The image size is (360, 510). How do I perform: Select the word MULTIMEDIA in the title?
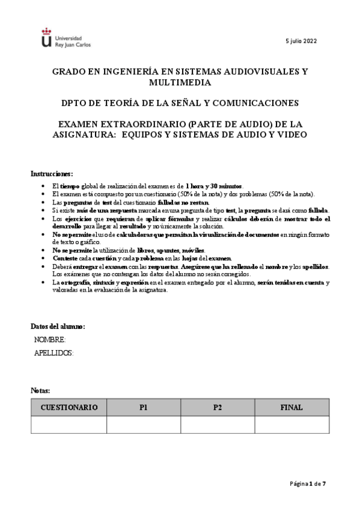[x=180, y=82]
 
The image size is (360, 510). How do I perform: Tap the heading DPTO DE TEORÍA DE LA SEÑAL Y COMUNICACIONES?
[x=180, y=103]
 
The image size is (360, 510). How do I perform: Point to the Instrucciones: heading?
[x=52, y=173]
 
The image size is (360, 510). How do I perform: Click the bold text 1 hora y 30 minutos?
[x=213, y=186]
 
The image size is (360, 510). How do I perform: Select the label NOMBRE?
[x=50, y=340]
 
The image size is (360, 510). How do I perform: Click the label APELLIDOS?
[x=54, y=353]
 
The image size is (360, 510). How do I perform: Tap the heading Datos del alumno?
[x=58, y=327]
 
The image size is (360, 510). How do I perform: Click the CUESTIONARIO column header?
[x=69, y=407]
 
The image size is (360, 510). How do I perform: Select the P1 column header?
[x=143, y=407]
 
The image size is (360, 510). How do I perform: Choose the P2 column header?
[x=218, y=407]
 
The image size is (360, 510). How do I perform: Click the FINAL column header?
[x=291, y=407]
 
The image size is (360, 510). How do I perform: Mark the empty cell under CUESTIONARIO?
[x=69, y=425]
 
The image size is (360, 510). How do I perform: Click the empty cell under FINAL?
[x=291, y=425]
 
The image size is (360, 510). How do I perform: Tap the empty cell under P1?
[x=143, y=425]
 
